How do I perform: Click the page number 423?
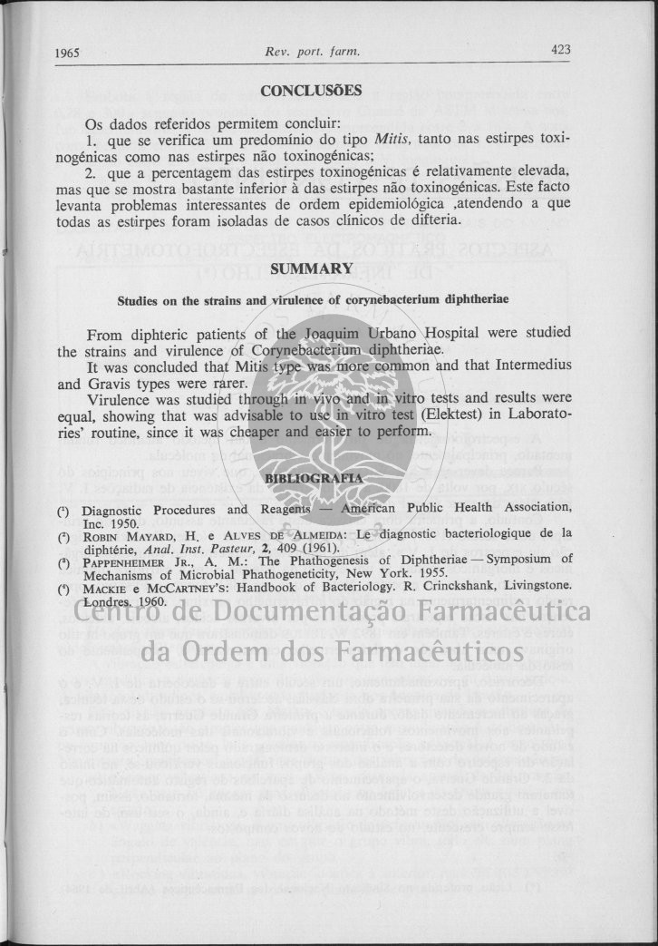click(560, 51)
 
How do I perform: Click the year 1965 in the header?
click(67, 53)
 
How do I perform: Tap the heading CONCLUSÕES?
click(311, 91)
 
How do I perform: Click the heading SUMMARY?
click(311, 268)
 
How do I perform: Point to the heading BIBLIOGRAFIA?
click(312, 478)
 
